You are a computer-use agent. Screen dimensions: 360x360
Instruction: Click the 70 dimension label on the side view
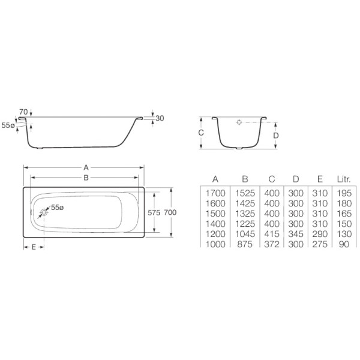pos(23,112)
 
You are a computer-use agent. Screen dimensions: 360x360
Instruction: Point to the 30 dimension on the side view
pos(160,118)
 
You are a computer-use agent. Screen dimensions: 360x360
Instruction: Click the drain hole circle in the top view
pos(44,212)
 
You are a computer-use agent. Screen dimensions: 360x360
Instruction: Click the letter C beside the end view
pos(202,133)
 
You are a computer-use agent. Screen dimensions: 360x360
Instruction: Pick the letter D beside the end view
pos(275,135)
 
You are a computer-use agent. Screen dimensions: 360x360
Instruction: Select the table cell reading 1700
pos(215,193)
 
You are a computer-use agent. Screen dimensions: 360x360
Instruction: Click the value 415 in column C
pos(272,234)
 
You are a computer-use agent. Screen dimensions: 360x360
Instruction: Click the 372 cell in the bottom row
pos(272,244)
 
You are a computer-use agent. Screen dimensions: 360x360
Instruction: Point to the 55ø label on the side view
pos(8,125)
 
